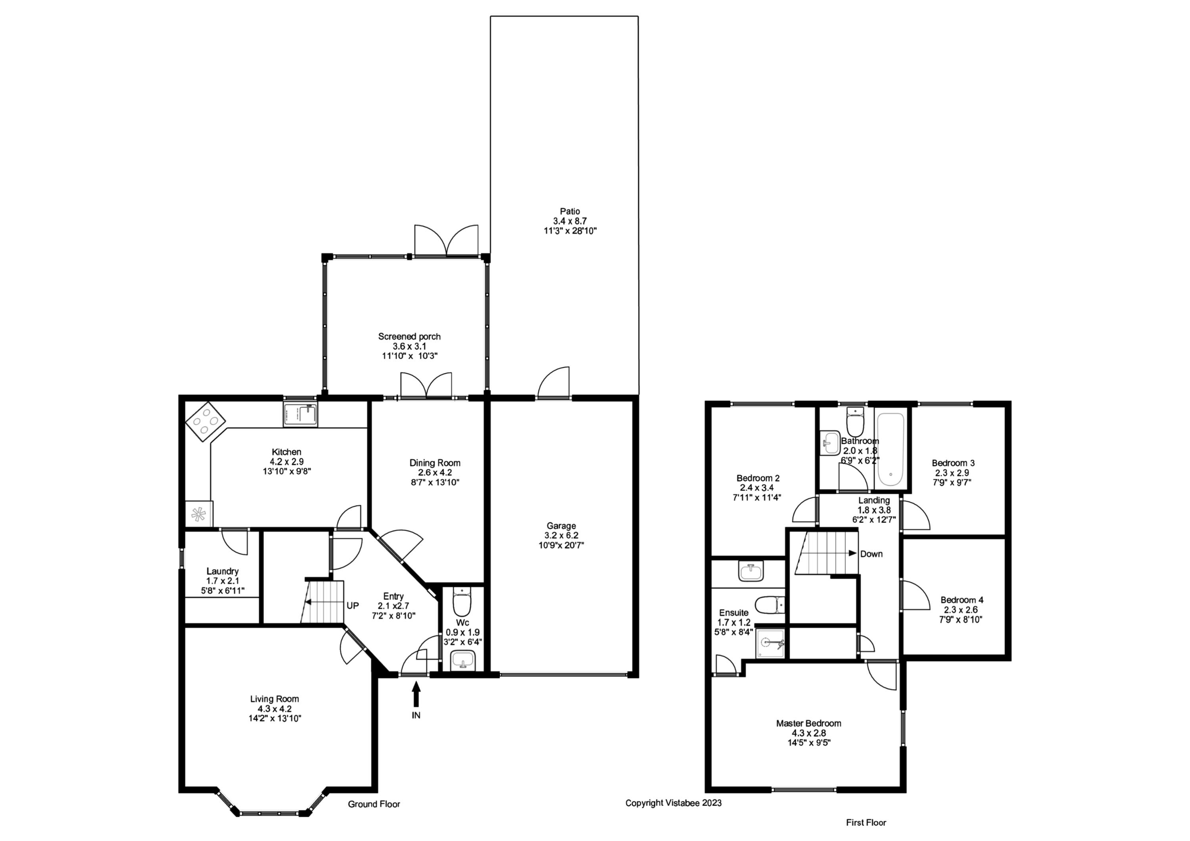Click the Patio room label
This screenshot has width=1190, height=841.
click(570, 211)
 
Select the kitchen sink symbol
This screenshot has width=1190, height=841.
click(301, 415)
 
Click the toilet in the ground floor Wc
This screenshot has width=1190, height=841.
click(461, 603)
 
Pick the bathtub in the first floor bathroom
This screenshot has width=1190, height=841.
click(891, 449)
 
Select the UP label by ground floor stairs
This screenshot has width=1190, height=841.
click(353, 606)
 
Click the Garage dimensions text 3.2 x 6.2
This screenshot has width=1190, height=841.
click(561, 535)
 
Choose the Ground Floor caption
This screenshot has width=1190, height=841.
click(374, 804)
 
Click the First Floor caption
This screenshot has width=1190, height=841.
click(866, 822)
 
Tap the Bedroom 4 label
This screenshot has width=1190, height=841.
click(962, 600)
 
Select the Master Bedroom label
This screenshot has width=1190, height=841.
click(808, 723)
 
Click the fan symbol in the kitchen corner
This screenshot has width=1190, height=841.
click(198, 515)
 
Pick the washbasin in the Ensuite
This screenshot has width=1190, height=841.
click(750, 572)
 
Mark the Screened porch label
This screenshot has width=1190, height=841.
click(409, 336)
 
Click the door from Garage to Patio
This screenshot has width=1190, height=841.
click(554, 384)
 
